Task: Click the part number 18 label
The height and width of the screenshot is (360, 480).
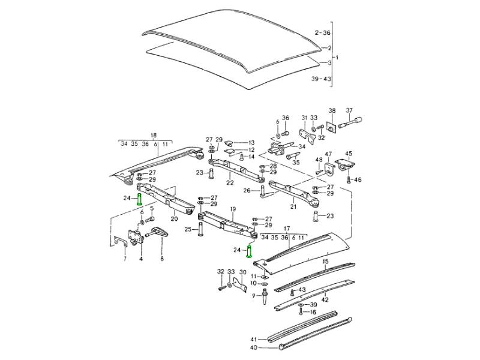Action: [x=153, y=135]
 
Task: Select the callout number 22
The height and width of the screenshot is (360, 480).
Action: [x=229, y=182]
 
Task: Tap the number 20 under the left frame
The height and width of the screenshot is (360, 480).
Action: [x=175, y=218]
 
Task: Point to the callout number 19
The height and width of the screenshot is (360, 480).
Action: [x=232, y=209]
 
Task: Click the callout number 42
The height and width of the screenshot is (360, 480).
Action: [x=325, y=298]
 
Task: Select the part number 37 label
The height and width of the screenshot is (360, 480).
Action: [x=348, y=110]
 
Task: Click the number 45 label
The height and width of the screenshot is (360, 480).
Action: [x=349, y=154]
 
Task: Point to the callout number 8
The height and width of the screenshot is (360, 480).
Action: [x=162, y=259]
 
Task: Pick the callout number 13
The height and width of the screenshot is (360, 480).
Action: [x=251, y=142]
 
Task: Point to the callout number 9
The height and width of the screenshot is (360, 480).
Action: [x=254, y=295]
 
